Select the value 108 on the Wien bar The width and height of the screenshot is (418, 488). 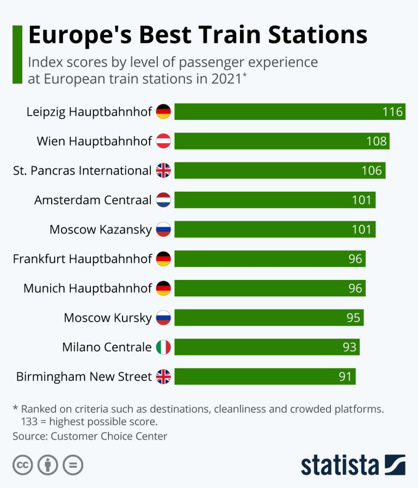point(376,142)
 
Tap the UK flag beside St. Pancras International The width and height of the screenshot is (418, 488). point(163,170)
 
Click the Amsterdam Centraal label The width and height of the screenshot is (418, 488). point(93,200)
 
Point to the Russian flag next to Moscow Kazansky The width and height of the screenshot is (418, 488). point(163,229)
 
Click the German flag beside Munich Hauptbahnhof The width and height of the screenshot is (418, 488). point(163,288)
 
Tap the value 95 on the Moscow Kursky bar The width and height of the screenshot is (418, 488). point(353,318)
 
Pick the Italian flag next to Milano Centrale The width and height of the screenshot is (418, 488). point(163,347)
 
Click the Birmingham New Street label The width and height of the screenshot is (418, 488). point(84,376)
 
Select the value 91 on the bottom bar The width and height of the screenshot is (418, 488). point(345,376)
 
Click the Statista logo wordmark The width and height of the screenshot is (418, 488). point(340,466)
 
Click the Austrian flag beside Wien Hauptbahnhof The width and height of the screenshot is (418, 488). point(163,141)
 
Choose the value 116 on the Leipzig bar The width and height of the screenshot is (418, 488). point(392,112)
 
